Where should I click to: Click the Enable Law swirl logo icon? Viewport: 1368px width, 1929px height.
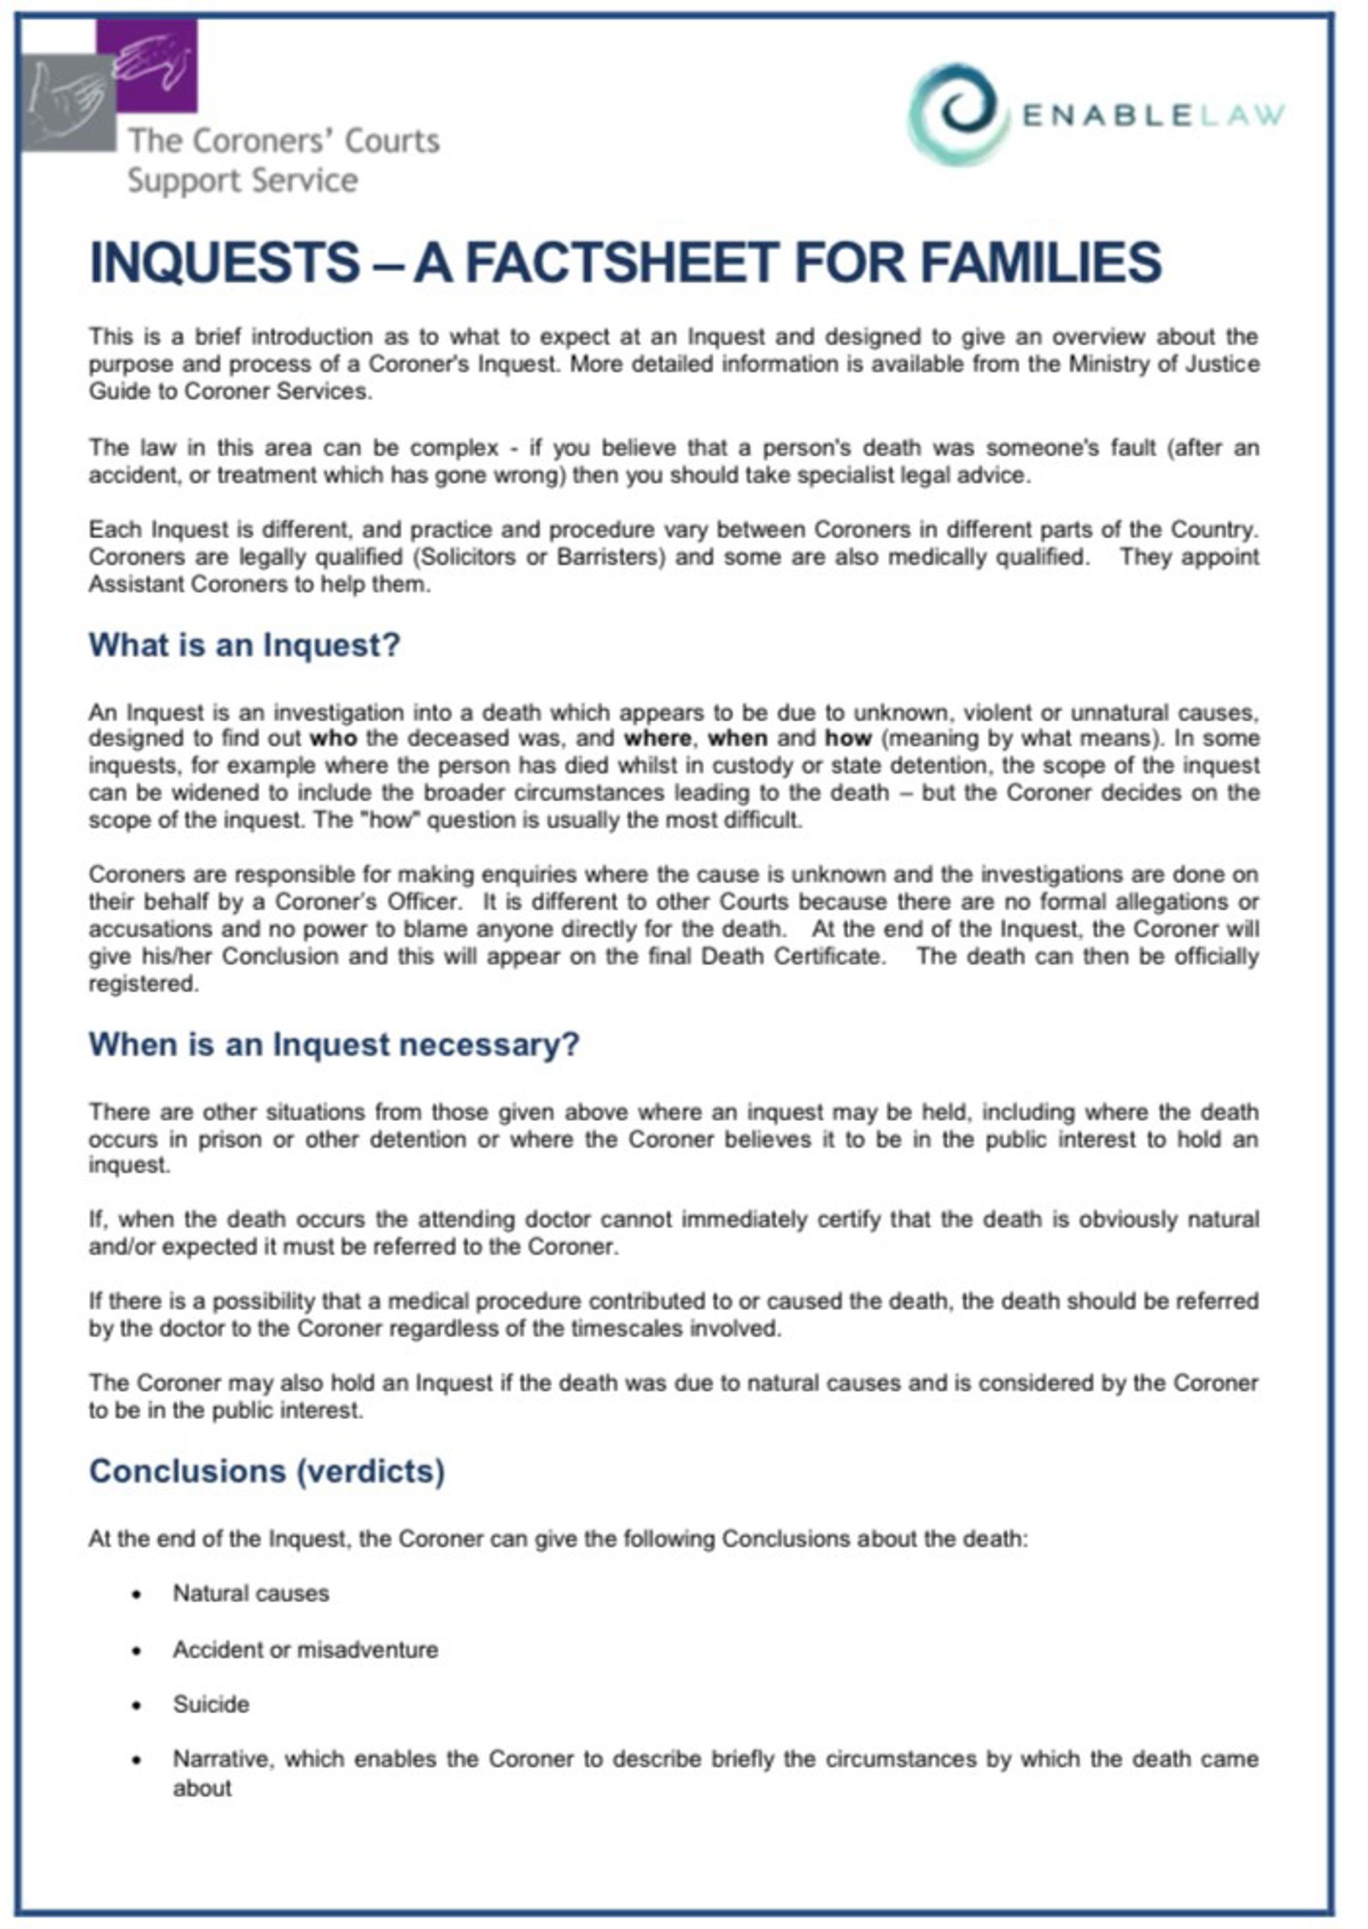pyautogui.click(x=958, y=114)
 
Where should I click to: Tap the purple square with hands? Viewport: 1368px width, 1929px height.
pyautogui.click(x=148, y=65)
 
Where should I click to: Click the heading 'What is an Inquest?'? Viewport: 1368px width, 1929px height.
pyautogui.click(x=244, y=645)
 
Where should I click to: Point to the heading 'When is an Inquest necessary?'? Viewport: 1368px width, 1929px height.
pyautogui.click(x=334, y=1044)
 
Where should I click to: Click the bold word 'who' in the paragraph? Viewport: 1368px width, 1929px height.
pyautogui.click(x=334, y=739)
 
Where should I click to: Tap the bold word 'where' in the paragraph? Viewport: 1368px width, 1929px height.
pyautogui.click(x=658, y=739)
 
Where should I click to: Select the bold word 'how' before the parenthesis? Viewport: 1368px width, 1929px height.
pyautogui.click(x=847, y=739)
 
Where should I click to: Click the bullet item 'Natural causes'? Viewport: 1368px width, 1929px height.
pyautogui.click(x=250, y=1594)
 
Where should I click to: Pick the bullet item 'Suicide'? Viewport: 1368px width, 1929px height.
pyautogui.click(x=211, y=1704)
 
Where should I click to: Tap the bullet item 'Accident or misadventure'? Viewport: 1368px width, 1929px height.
pyautogui.click(x=305, y=1649)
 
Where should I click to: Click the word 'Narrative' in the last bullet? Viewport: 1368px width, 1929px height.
pyautogui.click(x=223, y=1760)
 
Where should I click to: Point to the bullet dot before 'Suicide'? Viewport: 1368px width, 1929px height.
pyautogui.click(x=138, y=1706)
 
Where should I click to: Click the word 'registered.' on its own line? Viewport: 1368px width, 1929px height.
pyautogui.click(x=143, y=984)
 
